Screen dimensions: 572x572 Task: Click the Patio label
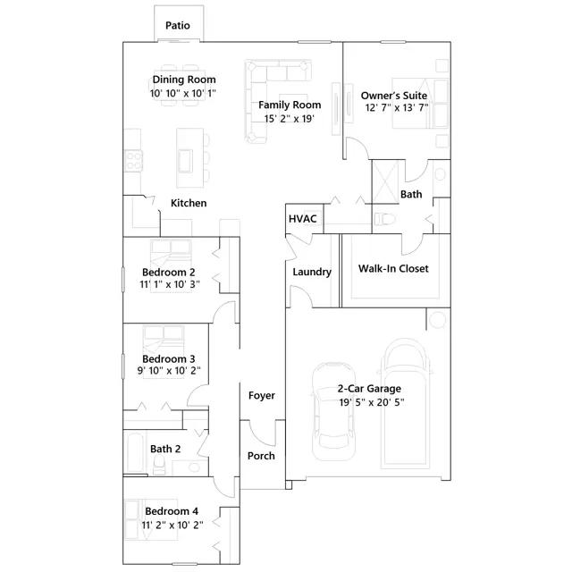click(x=178, y=26)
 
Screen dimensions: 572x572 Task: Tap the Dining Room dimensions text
click(x=183, y=93)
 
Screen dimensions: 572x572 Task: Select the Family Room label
click(x=290, y=105)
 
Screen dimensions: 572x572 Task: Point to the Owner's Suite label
click(x=394, y=96)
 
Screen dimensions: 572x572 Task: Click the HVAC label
click(x=303, y=219)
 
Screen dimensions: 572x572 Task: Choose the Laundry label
click(x=312, y=272)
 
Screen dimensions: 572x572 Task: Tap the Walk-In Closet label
click(x=393, y=269)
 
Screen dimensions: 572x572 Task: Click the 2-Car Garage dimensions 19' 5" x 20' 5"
click(x=372, y=403)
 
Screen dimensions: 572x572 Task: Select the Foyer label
click(x=262, y=396)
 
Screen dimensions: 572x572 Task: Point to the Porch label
click(x=261, y=456)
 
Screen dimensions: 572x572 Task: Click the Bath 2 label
click(x=165, y=449)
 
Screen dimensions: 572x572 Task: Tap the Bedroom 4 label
click(x=172, y=511)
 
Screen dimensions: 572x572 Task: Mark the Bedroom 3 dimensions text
click(x=169, y=371)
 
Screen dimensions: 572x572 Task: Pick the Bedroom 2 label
click(x=169, y=273)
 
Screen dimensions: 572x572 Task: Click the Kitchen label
click(x=189, y=203)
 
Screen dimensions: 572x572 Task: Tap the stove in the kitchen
click(x=133, y=161)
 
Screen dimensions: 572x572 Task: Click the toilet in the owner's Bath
click(x=385, y=220)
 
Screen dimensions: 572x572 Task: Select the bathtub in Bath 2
click(x=135, y=452)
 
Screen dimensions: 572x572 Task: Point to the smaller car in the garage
click(x=332, y=411)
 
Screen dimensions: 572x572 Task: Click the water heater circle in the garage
click(x=437, y=320)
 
